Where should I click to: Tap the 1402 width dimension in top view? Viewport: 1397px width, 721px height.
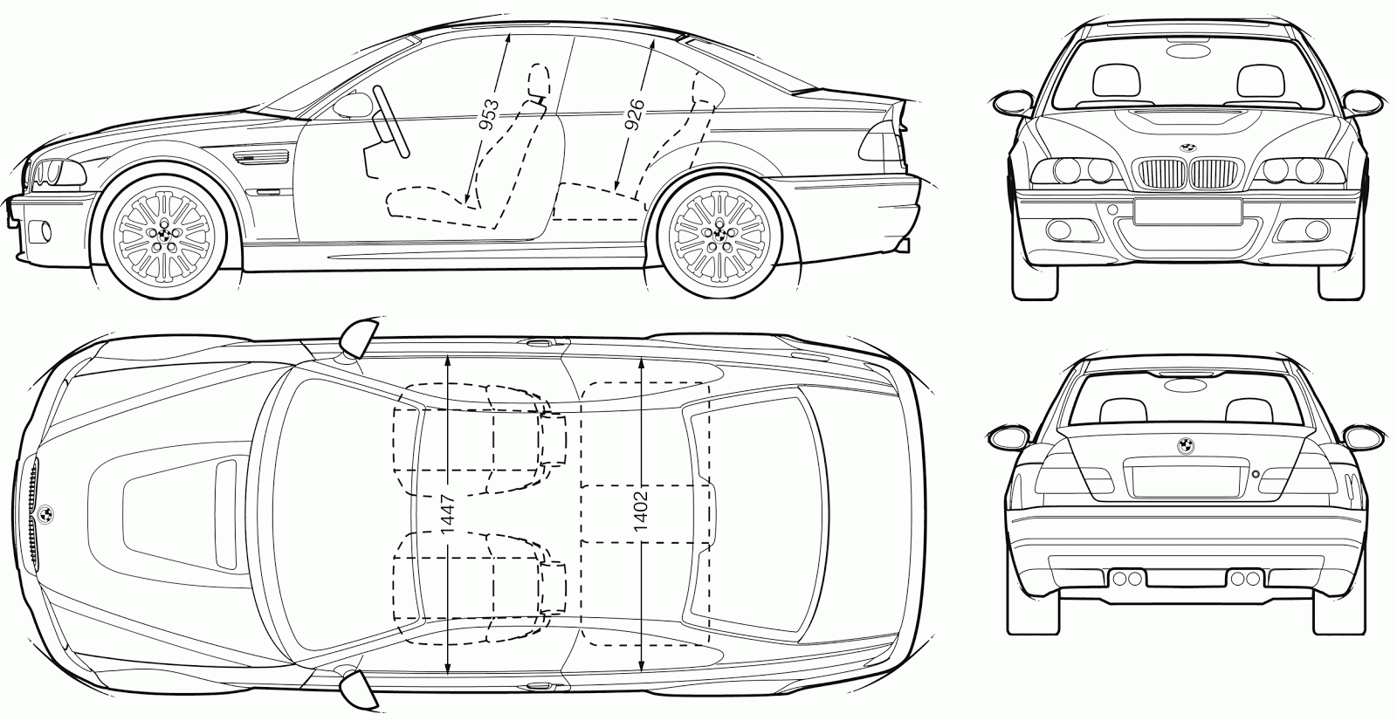pos(641,515)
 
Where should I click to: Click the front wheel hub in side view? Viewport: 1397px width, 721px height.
pos(165,234)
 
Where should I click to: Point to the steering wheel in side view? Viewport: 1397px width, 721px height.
pos(390,121)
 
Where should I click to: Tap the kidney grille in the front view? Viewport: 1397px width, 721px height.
pos(1187,173)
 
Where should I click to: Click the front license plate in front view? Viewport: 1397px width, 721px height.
pos(1187,210)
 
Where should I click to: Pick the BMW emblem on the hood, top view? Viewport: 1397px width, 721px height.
pos(45,513)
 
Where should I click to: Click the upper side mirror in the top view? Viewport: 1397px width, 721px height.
pos(358,337)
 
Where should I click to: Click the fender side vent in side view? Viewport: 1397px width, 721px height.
pos(262,159)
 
